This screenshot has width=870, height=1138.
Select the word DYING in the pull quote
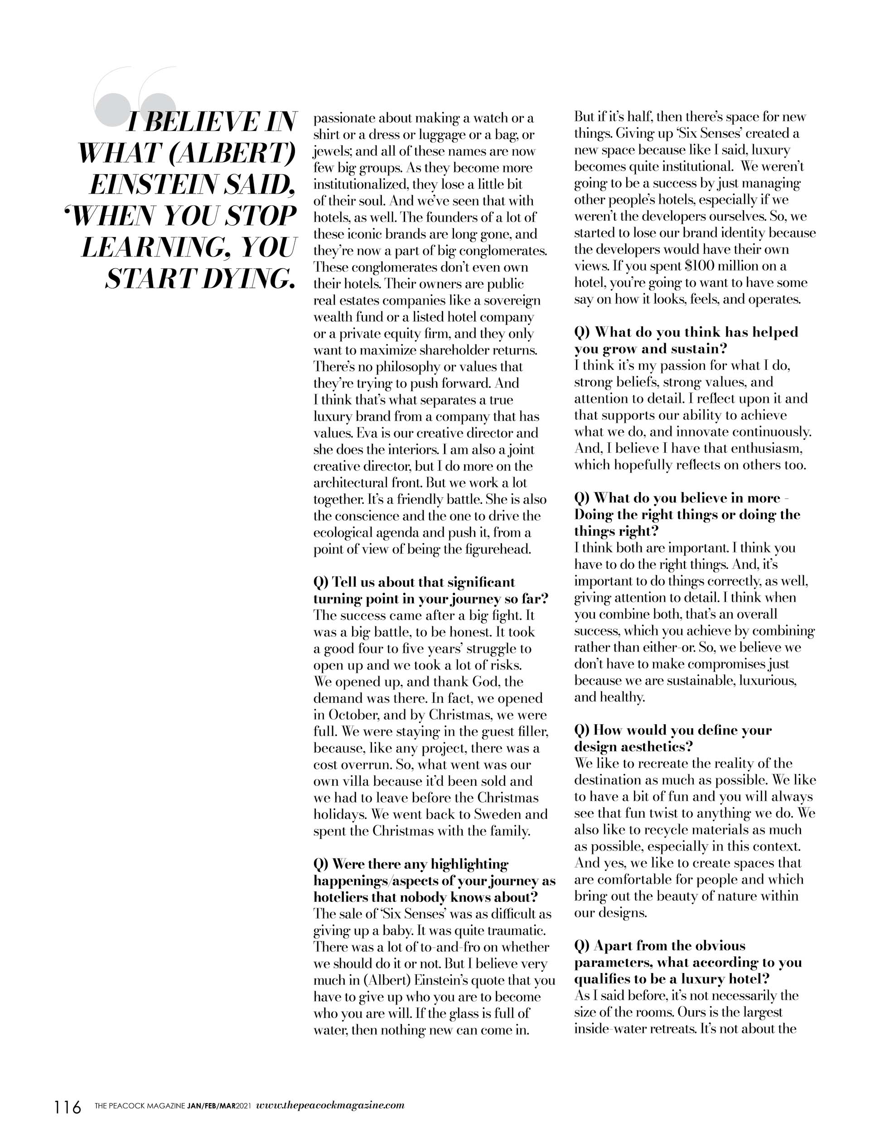pyautogui.click(x=252, y=280)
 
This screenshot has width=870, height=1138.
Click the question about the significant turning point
pyautogui.click(x=430, y=591)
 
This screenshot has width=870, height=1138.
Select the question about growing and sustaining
pyautogui.click(x=686, y=340)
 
